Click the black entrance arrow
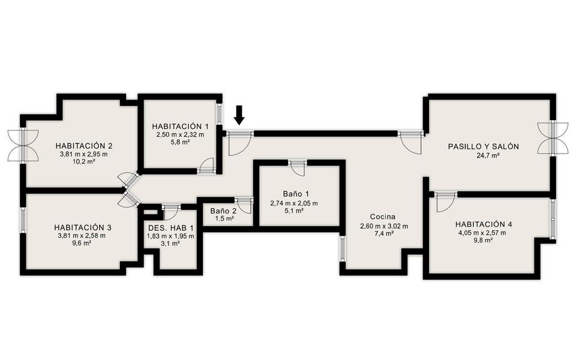click(x=239, y=115)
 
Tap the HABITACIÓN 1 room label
click(x=180, y=127)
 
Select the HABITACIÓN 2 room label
click(x=84, y=145)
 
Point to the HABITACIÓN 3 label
click(x=83, y=227)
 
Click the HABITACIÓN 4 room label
click(x=484, y=224)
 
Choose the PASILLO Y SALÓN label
click(x=484, y=146)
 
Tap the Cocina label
click(x=383, y=217)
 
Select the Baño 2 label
click(x=223, y=211)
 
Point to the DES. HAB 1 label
click(x=171, y=228)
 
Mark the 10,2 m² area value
click(x=84, y=161)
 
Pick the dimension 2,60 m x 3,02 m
click(x=384, y=226)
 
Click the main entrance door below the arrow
click(x=239, y=143)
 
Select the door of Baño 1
click(x=297, y=169)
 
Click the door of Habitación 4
click(x=446, y=202)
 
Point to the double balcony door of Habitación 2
click(x=23, y=145)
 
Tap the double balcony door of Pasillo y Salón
click(x=553, y=138)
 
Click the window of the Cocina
click(x=343, y=248)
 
